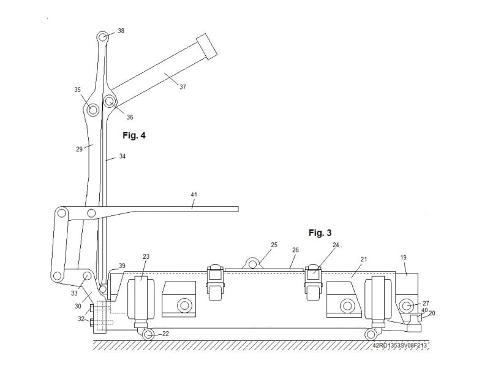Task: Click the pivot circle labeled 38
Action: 104,37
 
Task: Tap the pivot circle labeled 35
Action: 92,110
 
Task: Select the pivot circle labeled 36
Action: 109,101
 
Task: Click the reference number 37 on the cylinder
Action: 182,87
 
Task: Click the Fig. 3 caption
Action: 320,233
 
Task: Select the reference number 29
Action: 79,149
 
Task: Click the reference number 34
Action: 123,156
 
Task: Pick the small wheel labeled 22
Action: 148,334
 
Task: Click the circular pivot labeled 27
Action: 407,305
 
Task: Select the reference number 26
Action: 295,250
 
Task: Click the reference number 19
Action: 404,258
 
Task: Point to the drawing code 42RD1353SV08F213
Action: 399,346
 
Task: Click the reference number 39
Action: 122,266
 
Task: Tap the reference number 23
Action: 146,257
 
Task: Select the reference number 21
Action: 363,259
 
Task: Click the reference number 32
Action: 81,319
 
